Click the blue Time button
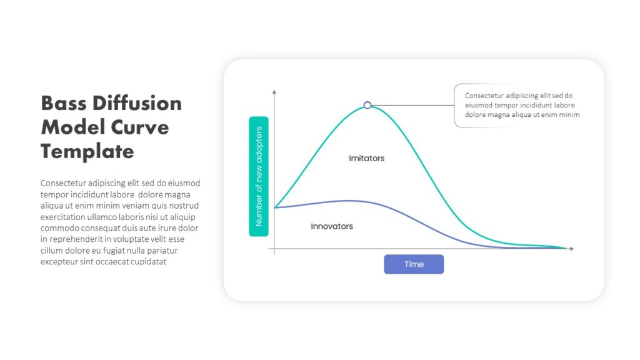(414, 264)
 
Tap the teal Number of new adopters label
(259, 176)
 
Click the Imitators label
(366, 158)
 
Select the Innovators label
(332, 226)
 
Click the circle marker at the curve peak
(367, 105)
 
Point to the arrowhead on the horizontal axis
(572, 249)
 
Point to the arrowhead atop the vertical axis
(274, 92)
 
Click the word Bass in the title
(64, 103)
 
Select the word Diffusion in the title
(137, 103)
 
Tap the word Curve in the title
(140, 127)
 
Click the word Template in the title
(87, 152)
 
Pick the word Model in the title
(73, 127)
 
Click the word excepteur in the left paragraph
(59, 262)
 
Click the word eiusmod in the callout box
(479, 105)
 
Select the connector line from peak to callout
(412, 105)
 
